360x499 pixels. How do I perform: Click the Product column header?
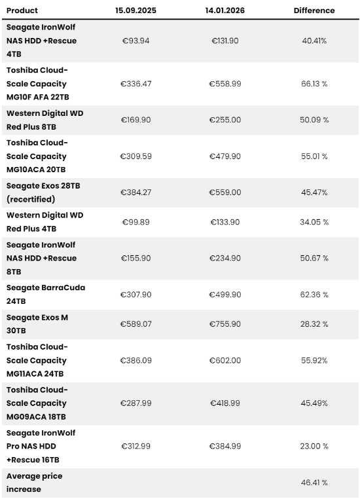pos(22,10)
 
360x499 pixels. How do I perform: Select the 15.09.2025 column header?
pos(135,10)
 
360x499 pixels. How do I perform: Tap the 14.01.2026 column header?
pos(225,10)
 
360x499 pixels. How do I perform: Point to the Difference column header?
pos(314,10)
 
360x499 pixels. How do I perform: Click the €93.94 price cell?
pos(135,41)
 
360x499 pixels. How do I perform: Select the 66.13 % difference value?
pos(314,84)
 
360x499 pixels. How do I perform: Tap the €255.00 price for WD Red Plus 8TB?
pos(225,120)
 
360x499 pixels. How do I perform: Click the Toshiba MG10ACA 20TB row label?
pos(37,157)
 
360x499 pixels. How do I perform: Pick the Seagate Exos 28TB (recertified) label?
pos(43,193)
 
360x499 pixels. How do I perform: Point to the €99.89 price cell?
pos(135,222)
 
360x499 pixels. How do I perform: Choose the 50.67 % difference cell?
pos(314,258)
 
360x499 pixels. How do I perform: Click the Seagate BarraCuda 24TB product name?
pos(46,295)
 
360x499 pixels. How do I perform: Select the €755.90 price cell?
pos(225,324)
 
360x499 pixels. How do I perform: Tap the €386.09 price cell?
pos(135,361)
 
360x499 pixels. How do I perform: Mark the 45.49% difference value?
pos(314,403)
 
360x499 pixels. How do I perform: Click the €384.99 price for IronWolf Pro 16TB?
pos(225,446)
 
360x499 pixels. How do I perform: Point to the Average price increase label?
pos(34,483)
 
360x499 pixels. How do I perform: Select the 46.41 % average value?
pos(314,483)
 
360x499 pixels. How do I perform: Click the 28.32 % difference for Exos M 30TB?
pos(314,324)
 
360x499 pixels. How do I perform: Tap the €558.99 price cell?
pos(225,84)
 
